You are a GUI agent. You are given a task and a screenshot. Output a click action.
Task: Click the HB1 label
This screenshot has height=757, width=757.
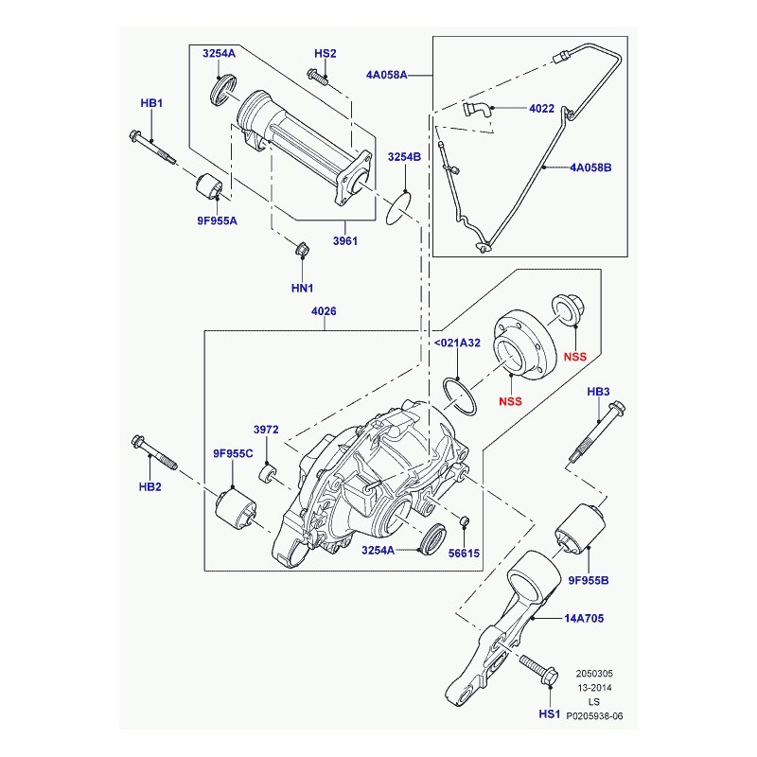point(151,103)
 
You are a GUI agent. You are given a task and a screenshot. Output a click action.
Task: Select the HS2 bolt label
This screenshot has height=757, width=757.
point(325,53)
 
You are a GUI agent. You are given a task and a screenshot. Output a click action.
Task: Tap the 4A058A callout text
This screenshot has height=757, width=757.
point(386,75)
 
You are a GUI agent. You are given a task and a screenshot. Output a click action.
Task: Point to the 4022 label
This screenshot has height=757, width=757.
point(541,109)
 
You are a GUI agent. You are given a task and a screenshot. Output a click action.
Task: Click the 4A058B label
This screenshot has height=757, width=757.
point(590,167)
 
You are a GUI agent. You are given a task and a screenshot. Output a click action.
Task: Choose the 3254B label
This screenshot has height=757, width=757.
point(405,157)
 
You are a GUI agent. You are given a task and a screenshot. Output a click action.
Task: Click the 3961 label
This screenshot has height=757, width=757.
point(345,240)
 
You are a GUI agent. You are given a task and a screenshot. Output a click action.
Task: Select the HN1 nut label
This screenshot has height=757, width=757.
point(302,289)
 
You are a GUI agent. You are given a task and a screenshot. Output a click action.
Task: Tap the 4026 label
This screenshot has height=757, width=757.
point(324,311)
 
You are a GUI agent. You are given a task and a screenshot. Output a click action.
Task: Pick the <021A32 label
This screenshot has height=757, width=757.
point(457,343)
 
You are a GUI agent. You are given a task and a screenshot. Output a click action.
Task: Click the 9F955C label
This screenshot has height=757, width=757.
point(233,453)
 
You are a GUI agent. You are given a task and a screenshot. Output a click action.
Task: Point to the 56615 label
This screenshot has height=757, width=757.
point(464,554)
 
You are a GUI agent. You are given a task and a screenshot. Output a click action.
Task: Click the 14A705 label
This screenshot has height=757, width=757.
point(584,619)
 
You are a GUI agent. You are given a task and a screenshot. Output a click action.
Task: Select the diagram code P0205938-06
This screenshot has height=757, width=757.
point(594,716)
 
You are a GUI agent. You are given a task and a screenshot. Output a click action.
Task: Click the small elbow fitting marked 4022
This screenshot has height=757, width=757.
point(477,110)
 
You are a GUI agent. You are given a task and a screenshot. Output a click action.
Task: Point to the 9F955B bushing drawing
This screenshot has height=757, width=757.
point(580,530)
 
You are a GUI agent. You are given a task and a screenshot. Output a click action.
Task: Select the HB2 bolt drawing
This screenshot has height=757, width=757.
point(154,453)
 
